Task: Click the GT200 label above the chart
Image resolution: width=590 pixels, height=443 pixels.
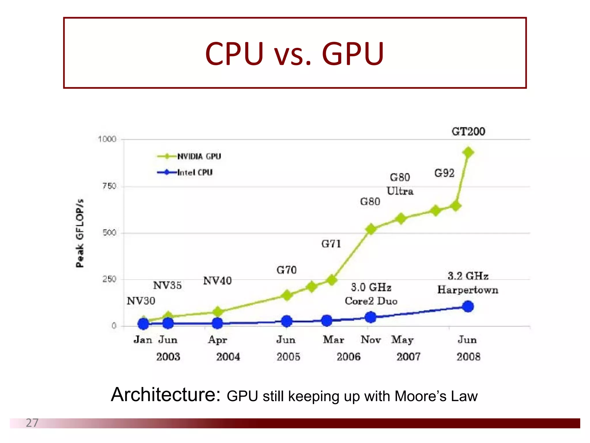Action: click(468, 132)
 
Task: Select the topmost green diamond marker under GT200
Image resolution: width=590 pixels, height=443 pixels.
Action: click(468, 152)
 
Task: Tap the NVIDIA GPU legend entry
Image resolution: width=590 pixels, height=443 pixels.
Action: click(199, 156)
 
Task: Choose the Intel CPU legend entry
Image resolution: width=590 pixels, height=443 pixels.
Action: click(195, 172)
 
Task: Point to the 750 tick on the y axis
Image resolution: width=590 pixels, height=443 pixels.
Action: click(109, 186)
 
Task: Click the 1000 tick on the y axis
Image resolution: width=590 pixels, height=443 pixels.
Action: click(107, 139)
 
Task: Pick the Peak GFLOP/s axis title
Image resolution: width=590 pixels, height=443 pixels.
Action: click(80, 233)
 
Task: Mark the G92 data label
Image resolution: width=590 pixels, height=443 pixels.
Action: click(444, 173)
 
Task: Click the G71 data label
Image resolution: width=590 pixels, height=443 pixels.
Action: click(331, 244)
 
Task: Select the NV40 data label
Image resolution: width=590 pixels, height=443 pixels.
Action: click(217, 281)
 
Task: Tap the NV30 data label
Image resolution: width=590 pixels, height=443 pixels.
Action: click(141, 301)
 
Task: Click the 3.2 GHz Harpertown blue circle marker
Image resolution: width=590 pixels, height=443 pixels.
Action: click(468, 306)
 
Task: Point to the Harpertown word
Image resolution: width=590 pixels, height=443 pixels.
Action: click(468, 290)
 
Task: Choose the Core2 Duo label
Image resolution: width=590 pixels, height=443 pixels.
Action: click(371, 301)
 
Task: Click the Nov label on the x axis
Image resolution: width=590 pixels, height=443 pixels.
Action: click(371, 340)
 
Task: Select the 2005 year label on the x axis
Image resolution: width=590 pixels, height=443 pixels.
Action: click(288, 357)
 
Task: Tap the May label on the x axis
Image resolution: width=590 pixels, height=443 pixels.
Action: click(402, 340)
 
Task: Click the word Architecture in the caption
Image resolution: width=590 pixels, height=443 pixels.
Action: click(166, 395)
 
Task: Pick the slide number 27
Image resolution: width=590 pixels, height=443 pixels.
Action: click(32, 423)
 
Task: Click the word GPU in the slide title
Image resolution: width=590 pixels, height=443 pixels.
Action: click(353, 54)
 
